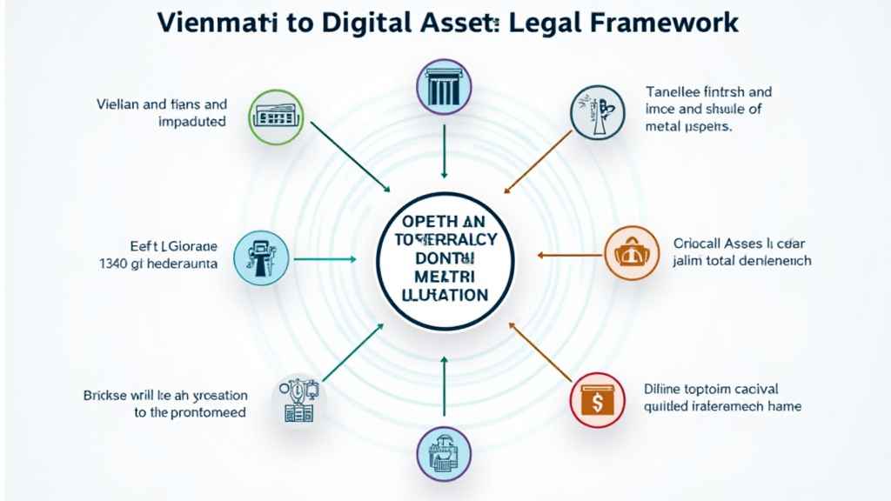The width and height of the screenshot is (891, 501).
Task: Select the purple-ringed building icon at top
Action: click(445, 86)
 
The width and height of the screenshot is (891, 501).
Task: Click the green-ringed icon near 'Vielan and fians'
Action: click(275, 114)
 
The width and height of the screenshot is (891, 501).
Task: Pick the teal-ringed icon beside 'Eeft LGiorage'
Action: click(262, 257)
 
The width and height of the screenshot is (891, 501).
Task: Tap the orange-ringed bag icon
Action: click(631, 253)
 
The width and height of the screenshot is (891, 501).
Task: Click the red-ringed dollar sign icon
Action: click(597, 401)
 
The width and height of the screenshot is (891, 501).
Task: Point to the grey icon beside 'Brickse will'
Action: click(298, 401)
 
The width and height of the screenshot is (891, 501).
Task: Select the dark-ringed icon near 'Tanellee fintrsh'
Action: click(596, 113)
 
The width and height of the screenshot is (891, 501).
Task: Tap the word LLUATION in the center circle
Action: click(445, 296)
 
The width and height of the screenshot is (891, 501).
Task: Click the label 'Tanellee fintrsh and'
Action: click(708, 91)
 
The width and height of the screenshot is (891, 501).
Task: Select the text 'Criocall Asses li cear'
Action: click(740, 244)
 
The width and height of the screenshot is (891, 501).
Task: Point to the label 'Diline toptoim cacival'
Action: click(711, 389)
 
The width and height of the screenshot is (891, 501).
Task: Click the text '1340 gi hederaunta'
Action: click(158, 262)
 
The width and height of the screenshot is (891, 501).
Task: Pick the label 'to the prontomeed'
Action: click(190, 412)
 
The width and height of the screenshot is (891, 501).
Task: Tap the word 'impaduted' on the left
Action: click(191, 122)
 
